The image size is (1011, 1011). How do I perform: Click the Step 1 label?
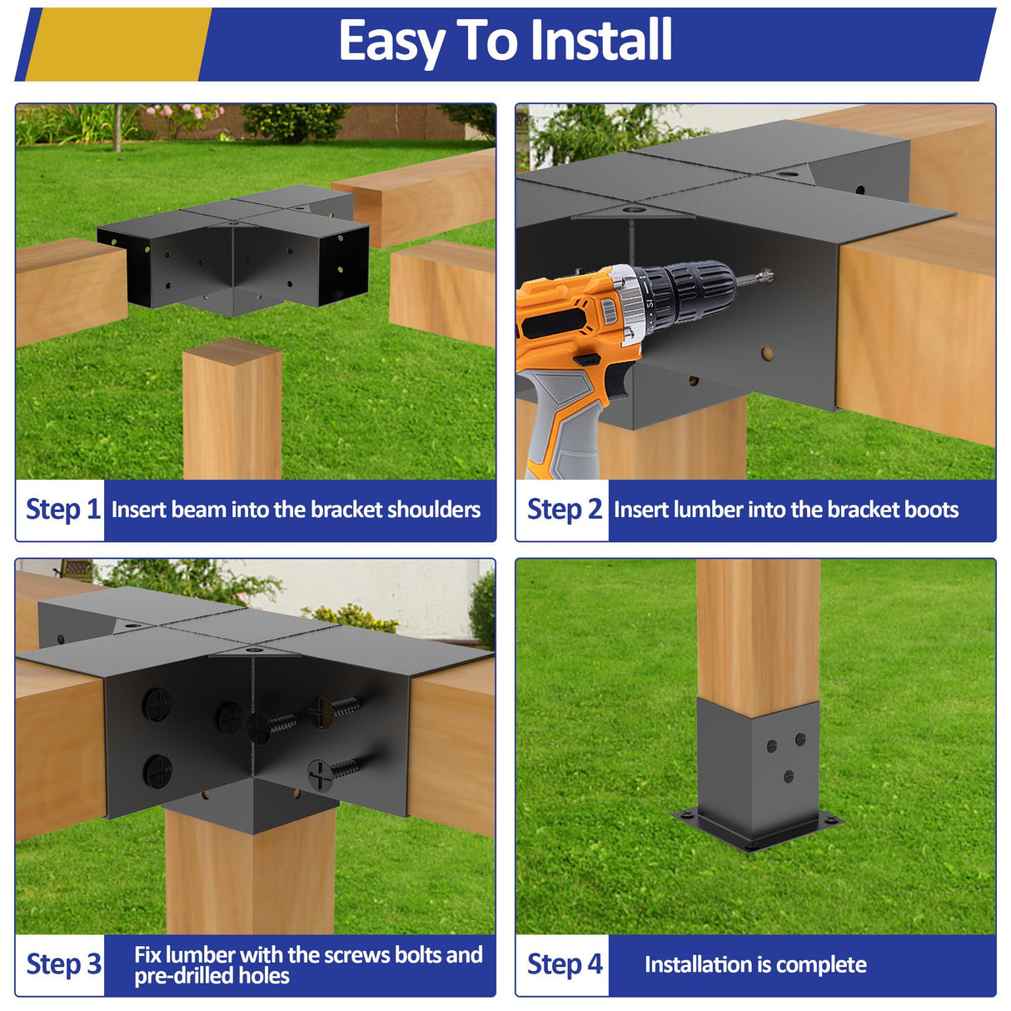click(x=62, y=509)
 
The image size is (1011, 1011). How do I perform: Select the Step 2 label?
click(x=564, y=509)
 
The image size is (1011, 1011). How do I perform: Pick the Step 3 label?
click(x=63, y=964)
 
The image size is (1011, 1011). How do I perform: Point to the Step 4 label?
click(x=564, y=964)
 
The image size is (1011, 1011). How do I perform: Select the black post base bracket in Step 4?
click(x=758, y=774)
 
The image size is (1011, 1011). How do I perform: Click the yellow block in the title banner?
click(x=117, y=44)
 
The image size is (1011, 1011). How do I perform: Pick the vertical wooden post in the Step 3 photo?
click(x=250, y=874)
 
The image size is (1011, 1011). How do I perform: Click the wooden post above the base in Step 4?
click(x=758, y=633)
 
